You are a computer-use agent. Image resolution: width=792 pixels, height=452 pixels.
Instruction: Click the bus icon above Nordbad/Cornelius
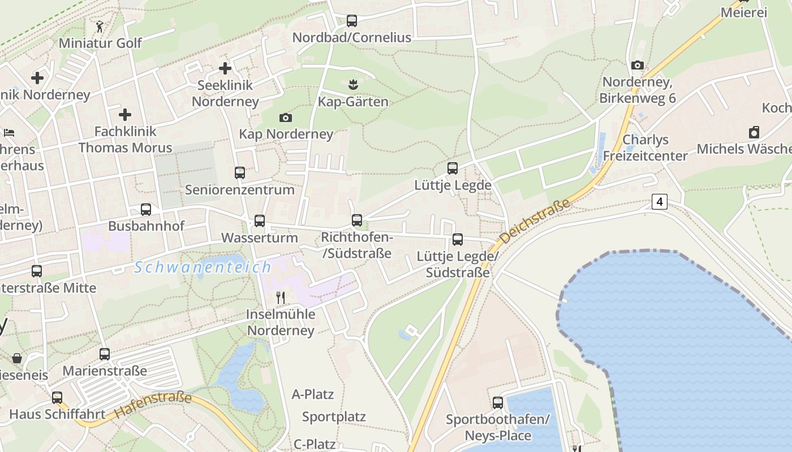(352, 21)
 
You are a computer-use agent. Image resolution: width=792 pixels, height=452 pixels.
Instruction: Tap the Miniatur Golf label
(100, 43)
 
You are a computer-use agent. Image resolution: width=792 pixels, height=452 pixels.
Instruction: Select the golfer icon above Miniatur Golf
(100, 26)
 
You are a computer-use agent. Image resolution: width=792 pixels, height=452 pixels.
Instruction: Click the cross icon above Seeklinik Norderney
(225, 68)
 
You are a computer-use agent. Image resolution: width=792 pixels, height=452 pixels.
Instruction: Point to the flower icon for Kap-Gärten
(354, 85)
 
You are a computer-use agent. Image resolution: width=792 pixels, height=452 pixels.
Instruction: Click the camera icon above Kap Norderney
(286, 118)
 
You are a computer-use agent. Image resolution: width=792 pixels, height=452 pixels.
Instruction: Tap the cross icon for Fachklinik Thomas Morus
(125, 115)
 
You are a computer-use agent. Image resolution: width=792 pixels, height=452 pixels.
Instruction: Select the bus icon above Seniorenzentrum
(240, 172)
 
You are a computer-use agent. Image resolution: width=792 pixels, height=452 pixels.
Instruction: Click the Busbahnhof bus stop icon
(146, 210)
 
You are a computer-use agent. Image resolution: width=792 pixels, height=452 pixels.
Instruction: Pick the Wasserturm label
(259, 238)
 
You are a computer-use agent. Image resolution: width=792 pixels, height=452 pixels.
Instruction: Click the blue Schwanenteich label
(203, 267)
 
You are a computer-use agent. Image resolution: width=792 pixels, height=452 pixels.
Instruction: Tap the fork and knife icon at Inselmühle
(281, 297)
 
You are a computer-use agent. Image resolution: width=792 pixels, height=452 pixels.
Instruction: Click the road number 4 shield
(659, 201)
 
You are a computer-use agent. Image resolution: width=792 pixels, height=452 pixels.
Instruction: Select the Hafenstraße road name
(153, 405)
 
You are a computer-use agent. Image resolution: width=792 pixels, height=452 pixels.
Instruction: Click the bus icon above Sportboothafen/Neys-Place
(498, 403)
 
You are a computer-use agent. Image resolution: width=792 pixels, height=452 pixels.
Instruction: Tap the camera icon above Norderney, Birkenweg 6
(638, 65)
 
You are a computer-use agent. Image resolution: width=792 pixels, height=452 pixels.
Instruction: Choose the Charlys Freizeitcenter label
(645, 147)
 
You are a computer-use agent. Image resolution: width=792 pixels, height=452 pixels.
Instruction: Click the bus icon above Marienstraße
(105, 354)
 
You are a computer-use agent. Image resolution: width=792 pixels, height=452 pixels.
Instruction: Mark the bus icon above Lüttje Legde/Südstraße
(458, 240)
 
